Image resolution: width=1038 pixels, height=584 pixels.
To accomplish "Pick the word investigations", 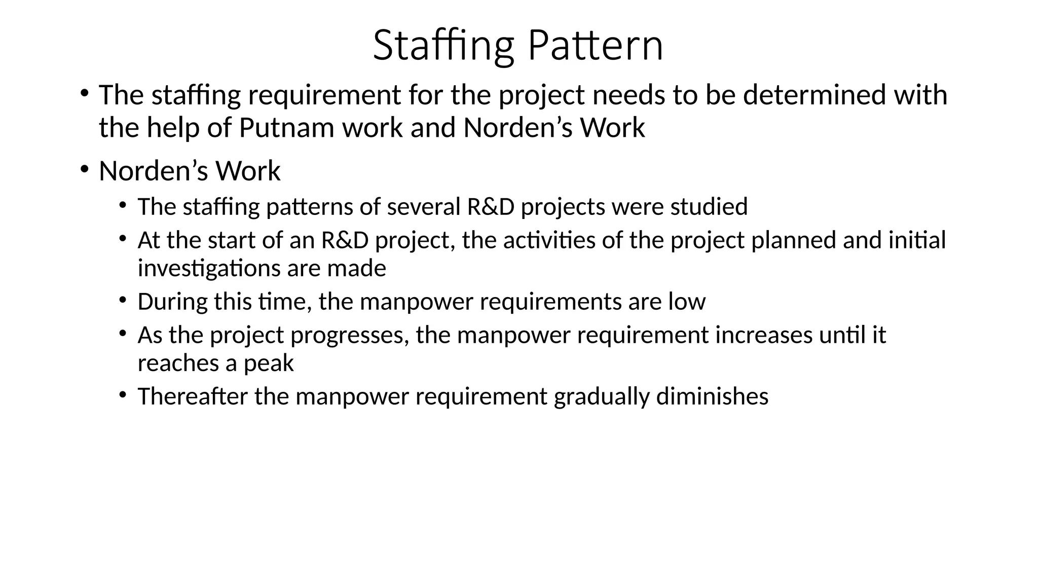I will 209,269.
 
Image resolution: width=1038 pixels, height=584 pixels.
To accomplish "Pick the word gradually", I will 602,396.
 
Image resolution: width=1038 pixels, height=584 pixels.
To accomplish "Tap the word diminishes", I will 712,396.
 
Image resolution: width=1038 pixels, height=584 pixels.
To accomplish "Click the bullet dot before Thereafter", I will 123,394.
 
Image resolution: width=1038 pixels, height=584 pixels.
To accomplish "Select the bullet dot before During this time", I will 123,300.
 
